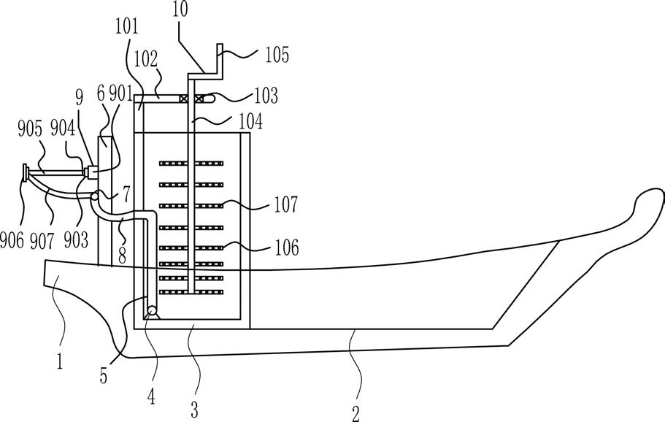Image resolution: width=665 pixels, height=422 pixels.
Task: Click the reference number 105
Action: coord(277,55)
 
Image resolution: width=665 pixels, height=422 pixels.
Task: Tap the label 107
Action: coord(286,204)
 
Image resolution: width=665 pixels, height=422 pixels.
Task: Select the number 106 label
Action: coord(287,248)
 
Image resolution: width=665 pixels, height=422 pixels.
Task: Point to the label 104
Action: coord(250,121)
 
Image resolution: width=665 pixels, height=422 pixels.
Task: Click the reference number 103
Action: coord(266,96)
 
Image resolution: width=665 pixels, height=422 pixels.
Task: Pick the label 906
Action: coord(12,240)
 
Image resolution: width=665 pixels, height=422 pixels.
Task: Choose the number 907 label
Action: coord(42,241)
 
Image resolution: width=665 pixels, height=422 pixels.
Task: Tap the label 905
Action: coord(30,129)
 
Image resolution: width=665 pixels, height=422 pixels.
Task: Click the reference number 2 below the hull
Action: coord(355,413)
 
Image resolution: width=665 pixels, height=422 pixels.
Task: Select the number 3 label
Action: coord(194,410)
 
